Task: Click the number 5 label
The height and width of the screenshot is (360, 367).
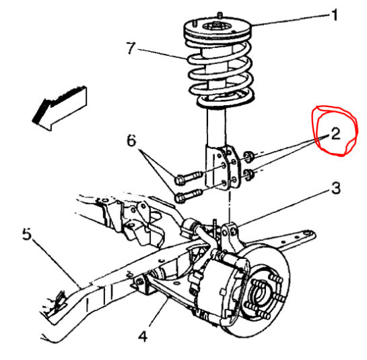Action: [x=27, y=235]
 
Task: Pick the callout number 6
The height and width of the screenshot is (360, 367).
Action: [x=131, y=142]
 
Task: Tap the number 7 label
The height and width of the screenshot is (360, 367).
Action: [x=132, y=48]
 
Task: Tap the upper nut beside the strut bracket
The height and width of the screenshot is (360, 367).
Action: [x=248, y=158]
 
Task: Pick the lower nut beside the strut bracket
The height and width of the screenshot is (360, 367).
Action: [x=249, y=177]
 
